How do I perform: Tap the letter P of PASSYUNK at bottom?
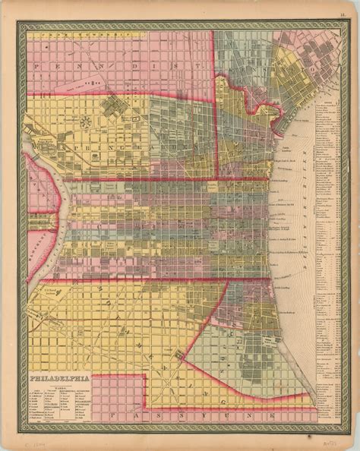112,416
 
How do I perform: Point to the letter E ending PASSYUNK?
294,415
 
